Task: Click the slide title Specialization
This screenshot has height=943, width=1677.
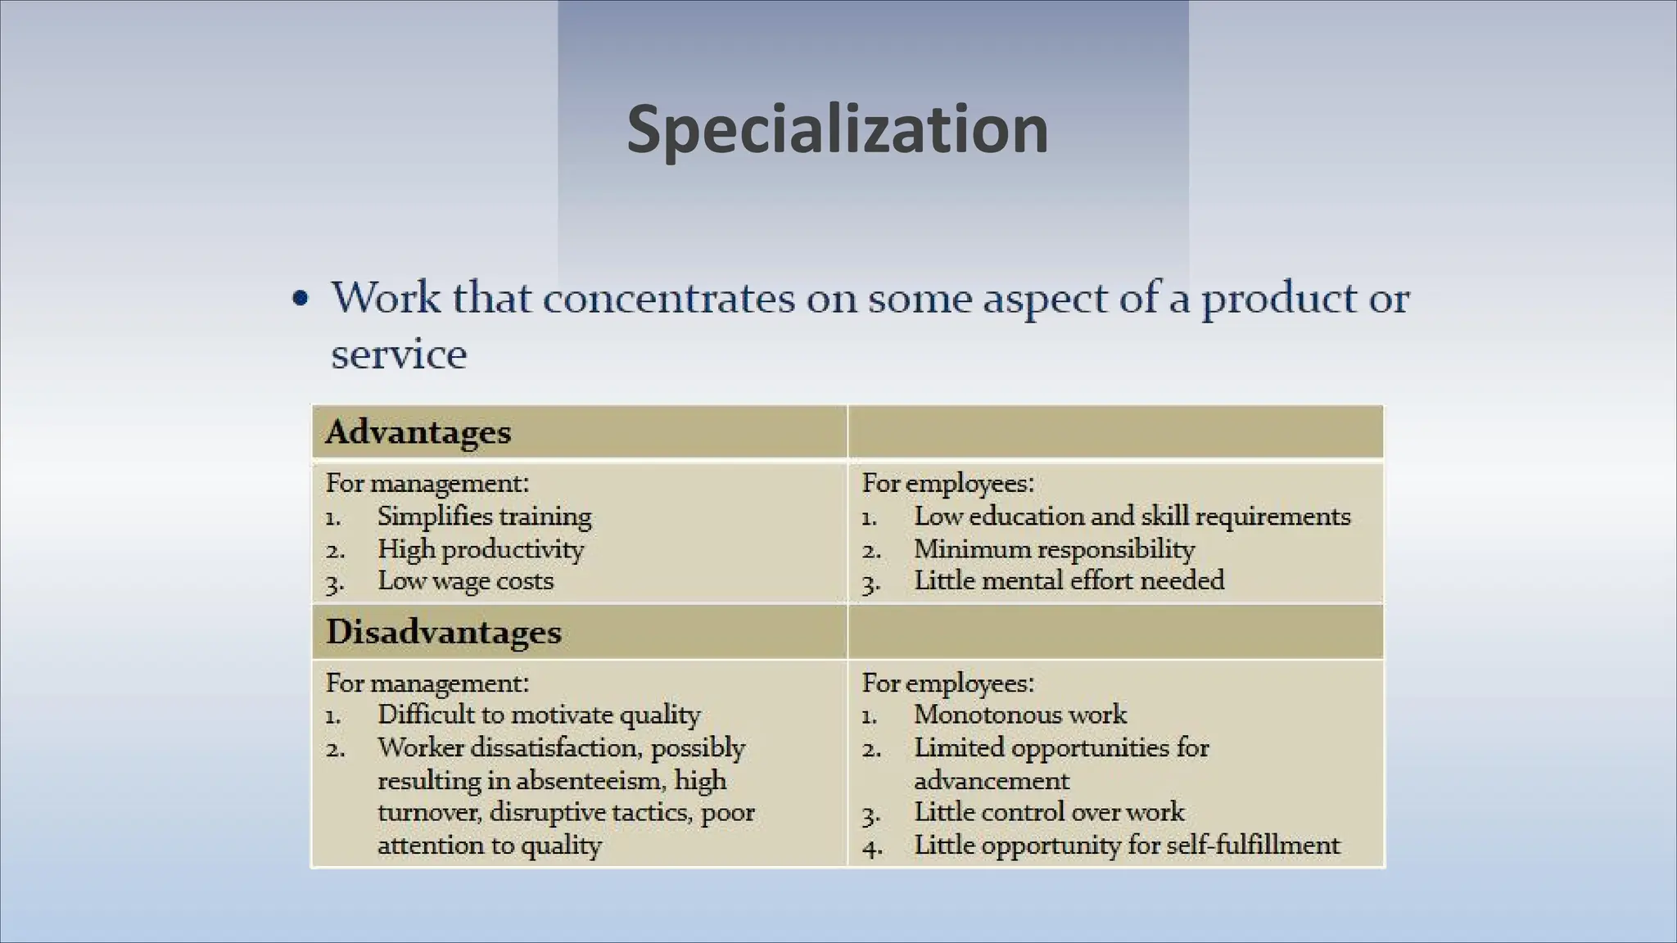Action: tap(837, 129)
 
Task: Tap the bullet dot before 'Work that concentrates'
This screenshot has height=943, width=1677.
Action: tap(301, 299)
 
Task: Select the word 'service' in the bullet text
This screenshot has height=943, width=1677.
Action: tap(399, 354)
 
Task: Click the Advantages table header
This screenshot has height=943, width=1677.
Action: tap(418, 431)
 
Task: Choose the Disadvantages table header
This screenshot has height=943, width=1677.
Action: tap(443, 632)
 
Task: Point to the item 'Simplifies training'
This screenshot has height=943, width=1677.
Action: tap(484, 517)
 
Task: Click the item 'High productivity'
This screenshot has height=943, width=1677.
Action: tap(481, 549)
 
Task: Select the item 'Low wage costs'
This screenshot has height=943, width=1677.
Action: tap(465, 581)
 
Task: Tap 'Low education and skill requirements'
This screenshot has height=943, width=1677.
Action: tap(1132, 517)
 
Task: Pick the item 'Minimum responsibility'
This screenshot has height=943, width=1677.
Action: tap(1054, 549)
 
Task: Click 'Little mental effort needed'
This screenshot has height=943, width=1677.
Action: tap(1069, 581)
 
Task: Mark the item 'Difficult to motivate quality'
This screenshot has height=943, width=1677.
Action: tap(539, 715)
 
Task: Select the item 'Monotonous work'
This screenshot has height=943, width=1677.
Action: tap(1020, 715)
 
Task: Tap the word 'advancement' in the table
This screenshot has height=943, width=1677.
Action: tap(992, 780)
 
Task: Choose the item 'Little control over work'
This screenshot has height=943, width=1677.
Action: tap(1049, 812)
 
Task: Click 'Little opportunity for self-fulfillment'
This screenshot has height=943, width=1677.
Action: tap(1127, 845)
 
